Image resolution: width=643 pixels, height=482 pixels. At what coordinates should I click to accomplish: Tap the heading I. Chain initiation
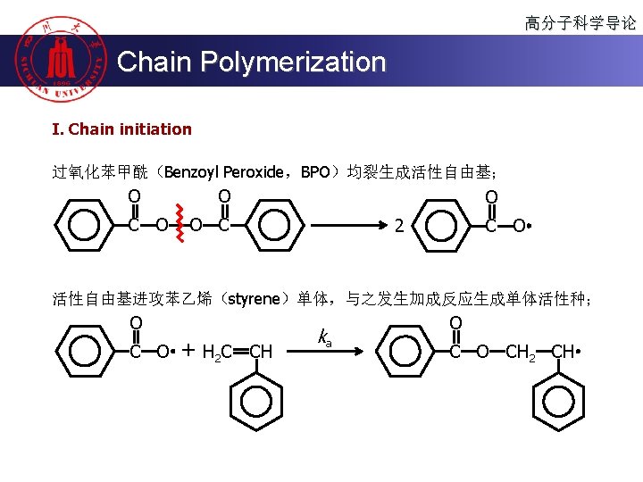[121, 129]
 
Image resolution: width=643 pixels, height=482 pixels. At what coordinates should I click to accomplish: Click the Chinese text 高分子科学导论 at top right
[580, 23]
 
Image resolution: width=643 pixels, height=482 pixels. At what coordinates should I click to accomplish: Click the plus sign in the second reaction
[188, 351]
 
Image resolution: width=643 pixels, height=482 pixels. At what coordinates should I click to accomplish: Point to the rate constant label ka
[324, 337]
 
